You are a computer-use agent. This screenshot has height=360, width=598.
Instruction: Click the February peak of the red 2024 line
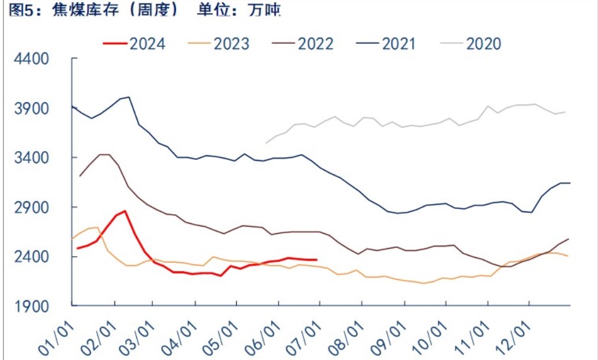[x=125, y=211]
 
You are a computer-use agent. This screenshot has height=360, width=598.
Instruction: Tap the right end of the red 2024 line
[x=317, y=260]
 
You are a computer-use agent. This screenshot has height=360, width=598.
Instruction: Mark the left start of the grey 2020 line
[x=266, y=143]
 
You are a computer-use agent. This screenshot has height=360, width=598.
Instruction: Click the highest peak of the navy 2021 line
[x=129, y=97]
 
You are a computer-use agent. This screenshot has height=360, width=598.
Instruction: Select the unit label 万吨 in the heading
[x=265, y=10]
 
